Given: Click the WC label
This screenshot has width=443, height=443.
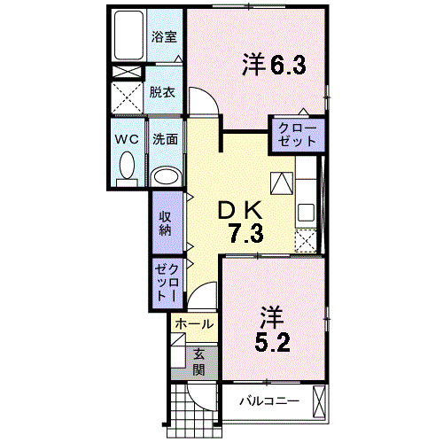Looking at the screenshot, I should click(125, 139).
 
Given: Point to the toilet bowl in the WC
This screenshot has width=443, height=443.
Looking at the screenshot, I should click(126, 165).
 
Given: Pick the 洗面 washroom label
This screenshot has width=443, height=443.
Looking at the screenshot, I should click(164, 139).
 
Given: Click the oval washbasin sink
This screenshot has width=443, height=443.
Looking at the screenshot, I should click(165, 175).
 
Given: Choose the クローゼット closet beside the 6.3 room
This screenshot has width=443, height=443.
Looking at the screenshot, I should click(298, 135).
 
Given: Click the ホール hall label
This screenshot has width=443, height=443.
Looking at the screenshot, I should click(193, 324).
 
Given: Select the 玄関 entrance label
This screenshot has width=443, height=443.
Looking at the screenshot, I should click(199, 361).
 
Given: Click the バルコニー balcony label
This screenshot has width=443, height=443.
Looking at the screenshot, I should click(269, 401).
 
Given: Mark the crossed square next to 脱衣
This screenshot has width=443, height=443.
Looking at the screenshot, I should click(128, 93).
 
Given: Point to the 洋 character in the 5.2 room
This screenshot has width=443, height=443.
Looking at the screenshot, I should click(270, 315).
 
